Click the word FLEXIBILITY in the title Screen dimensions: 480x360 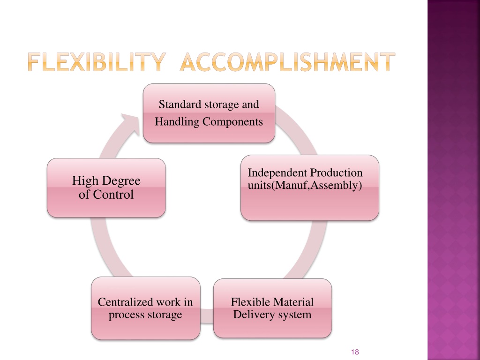97,62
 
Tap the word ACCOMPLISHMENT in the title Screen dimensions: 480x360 288,62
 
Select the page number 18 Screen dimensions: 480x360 355,352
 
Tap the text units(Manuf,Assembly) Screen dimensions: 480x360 305,186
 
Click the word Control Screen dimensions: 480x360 113,195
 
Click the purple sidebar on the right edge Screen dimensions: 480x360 454,180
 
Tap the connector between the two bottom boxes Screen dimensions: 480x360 207,316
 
